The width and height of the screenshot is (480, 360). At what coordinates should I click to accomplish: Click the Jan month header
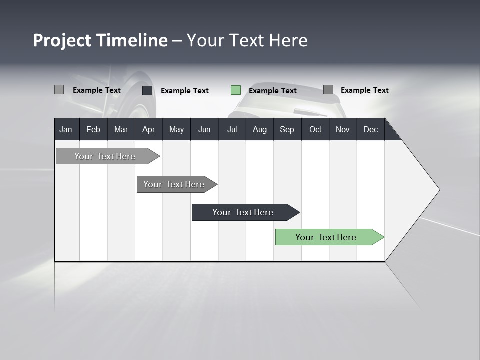pos(66,129)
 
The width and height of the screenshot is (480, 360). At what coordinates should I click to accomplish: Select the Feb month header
pos(93,129)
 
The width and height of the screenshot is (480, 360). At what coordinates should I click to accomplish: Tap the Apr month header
pos(148,129)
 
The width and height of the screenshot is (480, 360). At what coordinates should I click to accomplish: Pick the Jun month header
pos(204,129)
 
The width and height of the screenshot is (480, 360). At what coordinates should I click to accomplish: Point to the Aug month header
pos(259,129)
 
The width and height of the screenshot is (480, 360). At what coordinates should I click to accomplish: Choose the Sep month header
pos(287,129)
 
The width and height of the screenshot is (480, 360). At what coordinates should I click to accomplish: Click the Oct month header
pos(315,129)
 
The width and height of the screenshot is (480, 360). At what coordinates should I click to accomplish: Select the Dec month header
pos(370,129)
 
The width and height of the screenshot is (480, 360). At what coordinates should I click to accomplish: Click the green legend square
pos(236,90)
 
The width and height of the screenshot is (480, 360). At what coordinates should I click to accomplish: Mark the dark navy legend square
pos(147,90)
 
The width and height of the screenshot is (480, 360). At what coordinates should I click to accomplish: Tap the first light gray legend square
pos(59,90)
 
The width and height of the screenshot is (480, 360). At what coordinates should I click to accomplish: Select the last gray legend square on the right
pos(328,90)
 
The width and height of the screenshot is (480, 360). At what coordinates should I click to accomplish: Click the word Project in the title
pos(62,40)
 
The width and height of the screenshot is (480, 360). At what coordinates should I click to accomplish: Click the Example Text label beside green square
pos(272,91)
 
